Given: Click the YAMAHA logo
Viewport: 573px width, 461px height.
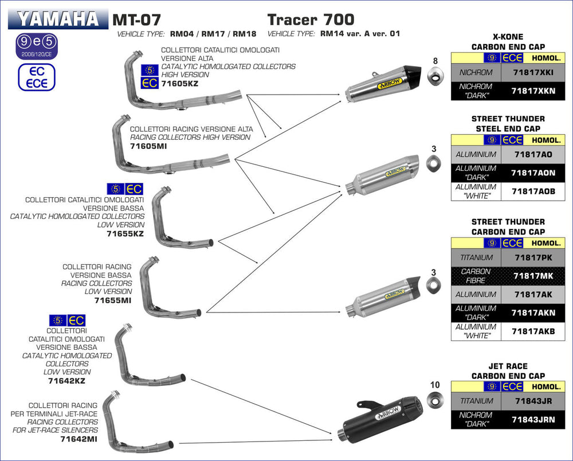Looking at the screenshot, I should (57, 19).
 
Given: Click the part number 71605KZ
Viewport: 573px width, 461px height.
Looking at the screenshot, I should (180, 84).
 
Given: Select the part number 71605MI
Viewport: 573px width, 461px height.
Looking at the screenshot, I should (148, 146).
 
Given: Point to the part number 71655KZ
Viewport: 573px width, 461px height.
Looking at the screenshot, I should (125, 234).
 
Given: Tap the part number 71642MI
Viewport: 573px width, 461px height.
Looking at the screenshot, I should (79, 439).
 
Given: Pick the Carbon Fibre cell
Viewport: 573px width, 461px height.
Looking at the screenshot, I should (476, 276).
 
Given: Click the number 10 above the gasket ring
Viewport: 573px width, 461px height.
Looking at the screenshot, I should (434, 385).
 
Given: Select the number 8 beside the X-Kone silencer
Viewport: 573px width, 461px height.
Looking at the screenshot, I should (435, 61).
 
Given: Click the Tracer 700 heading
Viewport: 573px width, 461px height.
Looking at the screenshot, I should (311, 20).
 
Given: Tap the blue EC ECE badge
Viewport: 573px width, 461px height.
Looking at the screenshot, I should (37, 77).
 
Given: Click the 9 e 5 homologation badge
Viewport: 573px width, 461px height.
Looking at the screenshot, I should (37, 44).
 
